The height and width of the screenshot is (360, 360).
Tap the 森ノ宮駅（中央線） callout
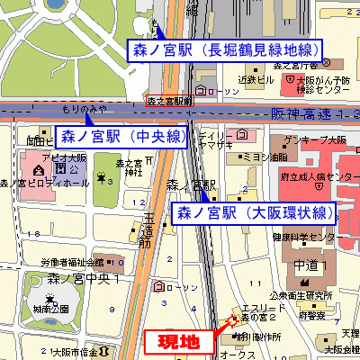(x=122, y=137)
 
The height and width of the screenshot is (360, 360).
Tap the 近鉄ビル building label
(x=255, y=79)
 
